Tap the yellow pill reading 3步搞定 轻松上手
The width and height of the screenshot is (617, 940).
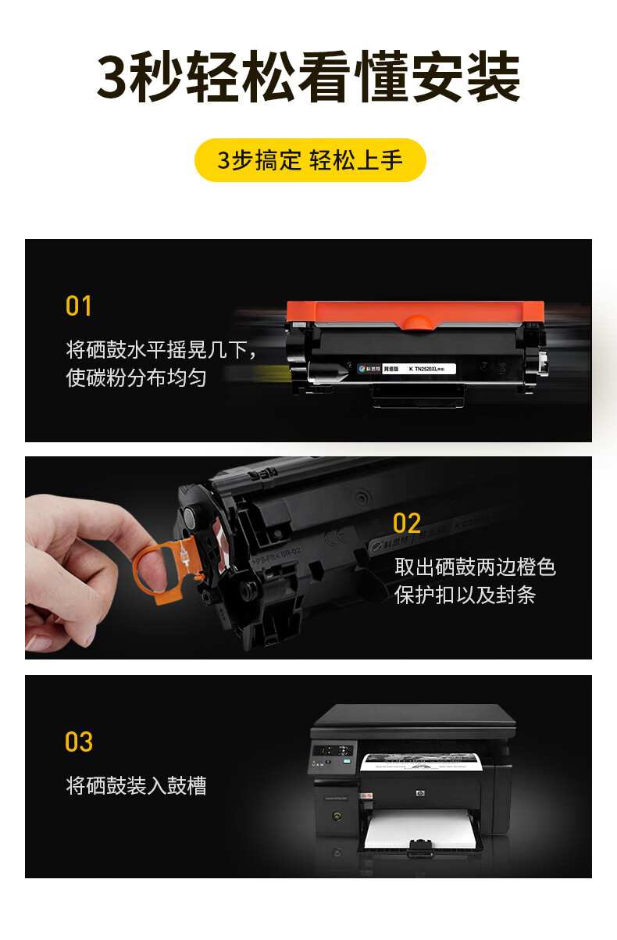(x=310, y=160)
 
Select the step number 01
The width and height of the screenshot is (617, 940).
(x=79, y=306)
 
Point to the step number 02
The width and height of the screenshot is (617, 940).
(x=407, y=524)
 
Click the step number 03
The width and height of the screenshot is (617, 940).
(x=79, y=742)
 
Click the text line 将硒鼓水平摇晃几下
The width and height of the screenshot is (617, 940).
(x=161, y=349)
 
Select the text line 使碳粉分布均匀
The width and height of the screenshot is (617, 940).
(x=137, y=378)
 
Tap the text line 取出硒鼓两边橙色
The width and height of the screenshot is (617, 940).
(x=475, y=567)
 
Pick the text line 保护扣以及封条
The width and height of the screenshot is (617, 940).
(x=465, y=595)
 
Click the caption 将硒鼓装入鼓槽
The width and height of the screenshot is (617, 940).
(x=137, y=785)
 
